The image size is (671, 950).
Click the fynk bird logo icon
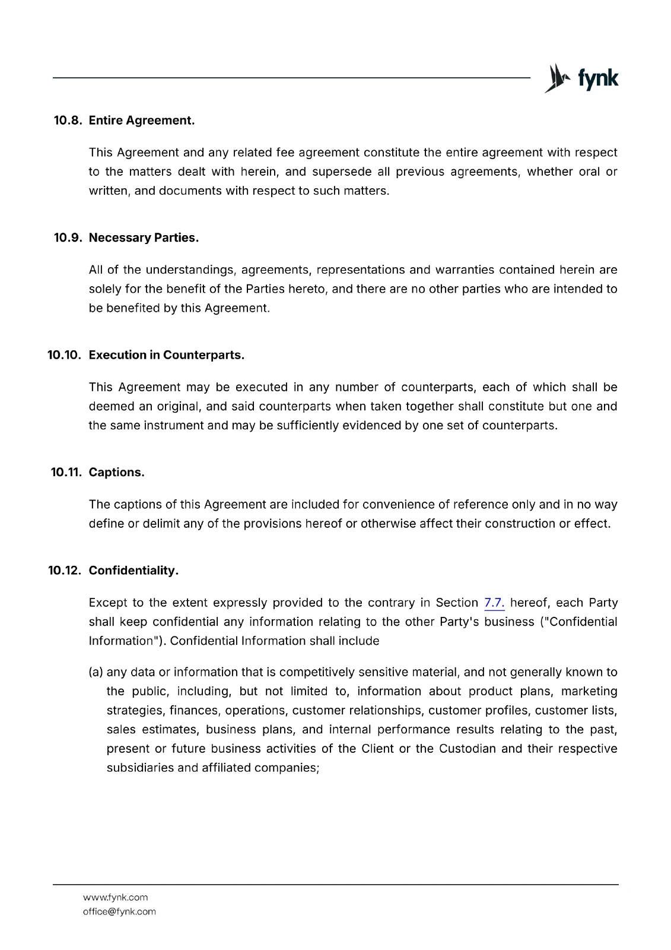click(557, 78)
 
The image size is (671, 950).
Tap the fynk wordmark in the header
click(598, 78)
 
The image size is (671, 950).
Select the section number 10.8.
click(68, 121)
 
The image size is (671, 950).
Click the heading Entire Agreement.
click(142, 121)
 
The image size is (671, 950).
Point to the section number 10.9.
click(68, 237)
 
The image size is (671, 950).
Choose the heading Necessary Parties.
click(144, 237)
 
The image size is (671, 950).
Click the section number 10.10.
click(64, 355)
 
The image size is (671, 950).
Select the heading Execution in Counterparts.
click(167, 355)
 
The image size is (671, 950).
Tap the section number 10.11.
click(66, 472)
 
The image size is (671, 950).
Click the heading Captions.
click(117, 472)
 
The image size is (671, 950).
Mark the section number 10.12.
click(65, 571)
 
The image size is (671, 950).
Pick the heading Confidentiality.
click(133, 571)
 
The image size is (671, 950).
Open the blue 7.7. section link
click(494, 603)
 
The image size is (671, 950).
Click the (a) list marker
click(96, 672)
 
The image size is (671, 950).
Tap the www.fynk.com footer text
click(116, 897)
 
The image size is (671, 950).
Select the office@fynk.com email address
click(119, 911)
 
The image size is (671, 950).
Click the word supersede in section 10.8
click(342, 172)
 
